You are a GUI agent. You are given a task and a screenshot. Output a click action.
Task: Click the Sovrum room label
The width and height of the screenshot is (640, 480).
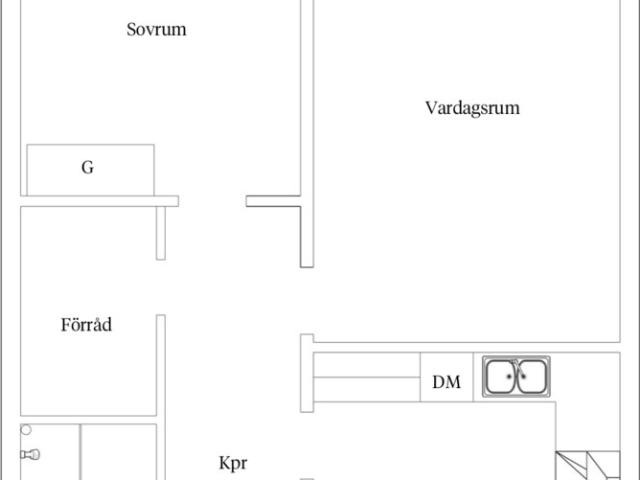pyautogui.click(x=157, y=30)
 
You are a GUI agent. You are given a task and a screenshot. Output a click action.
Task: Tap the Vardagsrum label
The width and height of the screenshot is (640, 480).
pyautogui.click(x=472, y=108)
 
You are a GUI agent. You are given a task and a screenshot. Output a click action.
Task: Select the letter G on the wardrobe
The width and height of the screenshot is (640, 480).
pyautogui.click(x=88, y=168)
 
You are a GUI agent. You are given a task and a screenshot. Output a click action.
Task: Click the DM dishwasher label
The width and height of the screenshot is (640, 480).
pyautogui.click(x=446, y=381)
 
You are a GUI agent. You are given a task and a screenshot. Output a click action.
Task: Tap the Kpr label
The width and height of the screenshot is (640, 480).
pyautogui.click(x=232, y=463)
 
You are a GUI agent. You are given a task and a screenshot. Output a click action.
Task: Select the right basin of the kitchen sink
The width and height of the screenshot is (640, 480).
pyautogui.click(x=532, y=377)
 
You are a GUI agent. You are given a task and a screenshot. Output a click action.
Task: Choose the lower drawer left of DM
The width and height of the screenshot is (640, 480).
pyautogui.click(x=366, y=389)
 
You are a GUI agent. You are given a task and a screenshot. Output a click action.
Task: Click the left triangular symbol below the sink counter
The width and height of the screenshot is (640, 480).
pyautogui.click(x=571, y=467)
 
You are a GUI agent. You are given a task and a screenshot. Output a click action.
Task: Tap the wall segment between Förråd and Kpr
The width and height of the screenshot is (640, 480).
pyautogui.click(x=160, y=365)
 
